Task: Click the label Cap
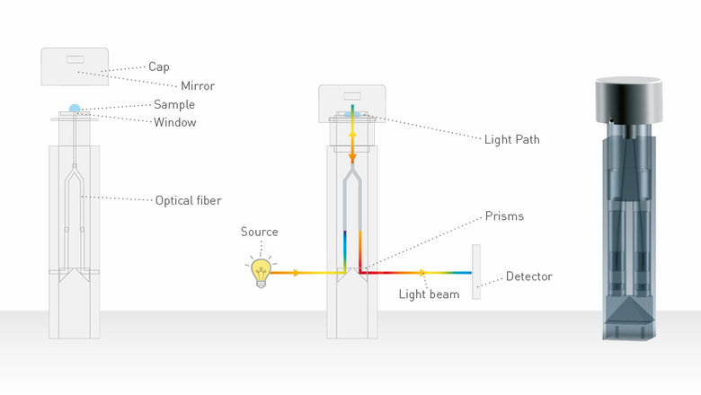click(159, 67)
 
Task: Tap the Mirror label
click(198, 85)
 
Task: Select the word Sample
click(174, 105)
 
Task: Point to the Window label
click(175, 122)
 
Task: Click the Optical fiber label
click(188, 201)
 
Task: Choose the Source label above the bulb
click(260, 232)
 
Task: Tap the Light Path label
click(512, 140)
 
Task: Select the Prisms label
click(504, 216)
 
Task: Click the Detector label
click(528, 276)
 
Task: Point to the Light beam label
click(429, 294)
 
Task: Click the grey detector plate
click(476, 272)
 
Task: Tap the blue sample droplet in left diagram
click(75, 109)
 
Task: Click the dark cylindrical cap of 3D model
click(628, 100)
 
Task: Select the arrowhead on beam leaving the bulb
click(296, 273)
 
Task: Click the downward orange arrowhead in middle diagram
click(352, 158)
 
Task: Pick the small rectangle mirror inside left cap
click(75, 59)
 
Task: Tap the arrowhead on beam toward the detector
click(422, 273)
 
